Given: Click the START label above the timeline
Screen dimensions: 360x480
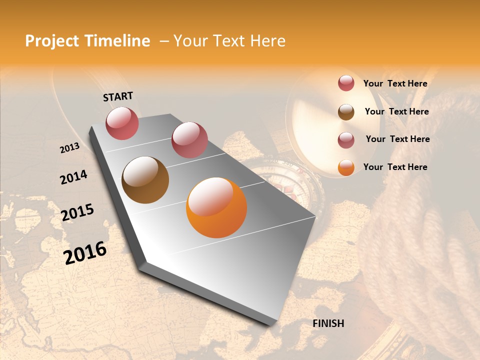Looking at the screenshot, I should pos(118,96).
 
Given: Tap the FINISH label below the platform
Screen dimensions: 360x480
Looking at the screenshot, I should pos(328,323).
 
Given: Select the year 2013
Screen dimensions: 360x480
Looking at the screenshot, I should pos(69,147).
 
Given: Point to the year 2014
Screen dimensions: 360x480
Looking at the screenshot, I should pos(73,177).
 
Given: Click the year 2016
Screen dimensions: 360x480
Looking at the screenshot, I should pos(85,252).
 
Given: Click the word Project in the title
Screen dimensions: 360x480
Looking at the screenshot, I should pos(52,41).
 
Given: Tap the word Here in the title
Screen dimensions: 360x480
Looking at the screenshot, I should pos(263,41).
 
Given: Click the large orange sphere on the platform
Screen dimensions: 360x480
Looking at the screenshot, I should pos(216,207).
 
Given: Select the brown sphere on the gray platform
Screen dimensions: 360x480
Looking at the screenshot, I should pos(145,180).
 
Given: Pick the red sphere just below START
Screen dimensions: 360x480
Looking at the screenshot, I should pos(122,123).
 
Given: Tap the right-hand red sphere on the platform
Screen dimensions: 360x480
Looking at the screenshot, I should pos(189,139).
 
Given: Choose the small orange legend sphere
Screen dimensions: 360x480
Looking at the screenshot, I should pos(346,167).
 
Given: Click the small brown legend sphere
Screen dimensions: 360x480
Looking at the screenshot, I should pos(346,112).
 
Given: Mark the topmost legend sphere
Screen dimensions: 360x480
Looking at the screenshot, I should pos(346,83).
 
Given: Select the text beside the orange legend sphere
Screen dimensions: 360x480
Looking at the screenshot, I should pos(395,167).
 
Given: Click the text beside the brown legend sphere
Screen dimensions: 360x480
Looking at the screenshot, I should pos(396,111).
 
